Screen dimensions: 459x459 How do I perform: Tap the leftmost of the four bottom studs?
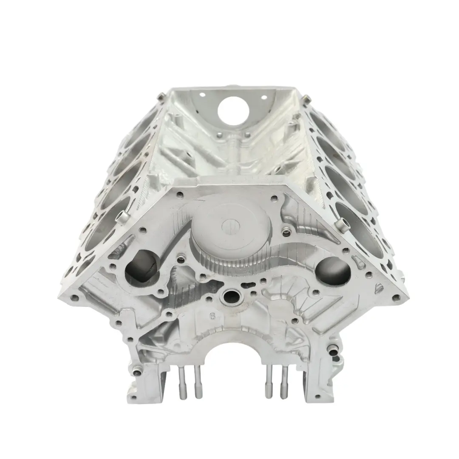tap(182, 382)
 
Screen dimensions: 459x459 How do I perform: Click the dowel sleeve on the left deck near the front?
tap(123, 217)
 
